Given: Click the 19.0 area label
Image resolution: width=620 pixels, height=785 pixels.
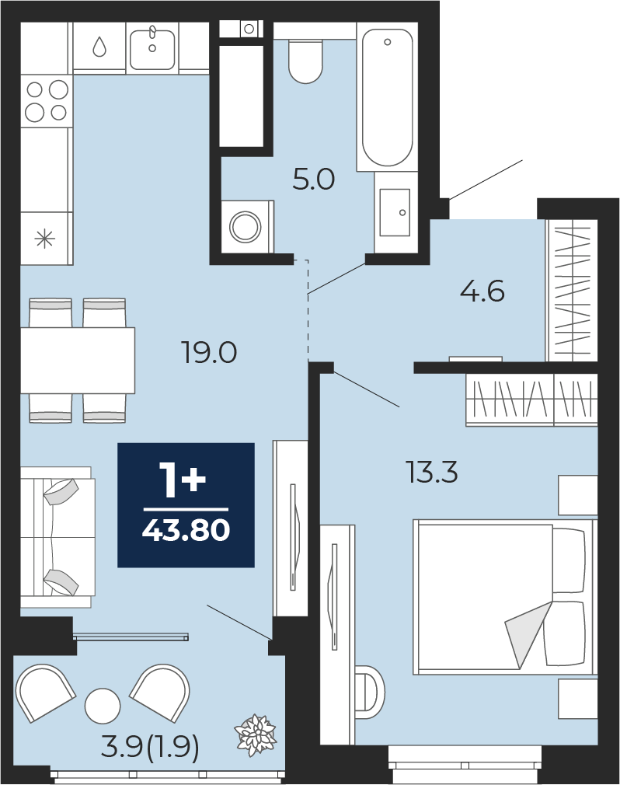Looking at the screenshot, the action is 209,352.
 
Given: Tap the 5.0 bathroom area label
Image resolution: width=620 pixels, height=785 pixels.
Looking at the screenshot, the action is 314,180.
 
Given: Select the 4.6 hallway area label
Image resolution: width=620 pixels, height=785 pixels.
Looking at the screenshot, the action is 482,291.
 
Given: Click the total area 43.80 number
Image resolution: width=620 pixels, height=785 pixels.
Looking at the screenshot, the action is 186,529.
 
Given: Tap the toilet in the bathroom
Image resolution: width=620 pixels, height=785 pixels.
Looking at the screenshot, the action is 305,61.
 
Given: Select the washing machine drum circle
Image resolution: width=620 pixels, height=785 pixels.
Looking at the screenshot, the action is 246,226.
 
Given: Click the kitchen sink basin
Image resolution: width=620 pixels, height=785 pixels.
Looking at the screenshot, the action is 152,49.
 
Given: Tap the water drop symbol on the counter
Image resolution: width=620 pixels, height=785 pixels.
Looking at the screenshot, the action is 99,47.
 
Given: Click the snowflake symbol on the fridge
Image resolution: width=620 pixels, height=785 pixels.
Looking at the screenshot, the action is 44,239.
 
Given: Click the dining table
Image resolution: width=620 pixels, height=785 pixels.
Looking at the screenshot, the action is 78,361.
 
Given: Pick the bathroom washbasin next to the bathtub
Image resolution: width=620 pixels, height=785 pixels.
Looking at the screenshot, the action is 395,212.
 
